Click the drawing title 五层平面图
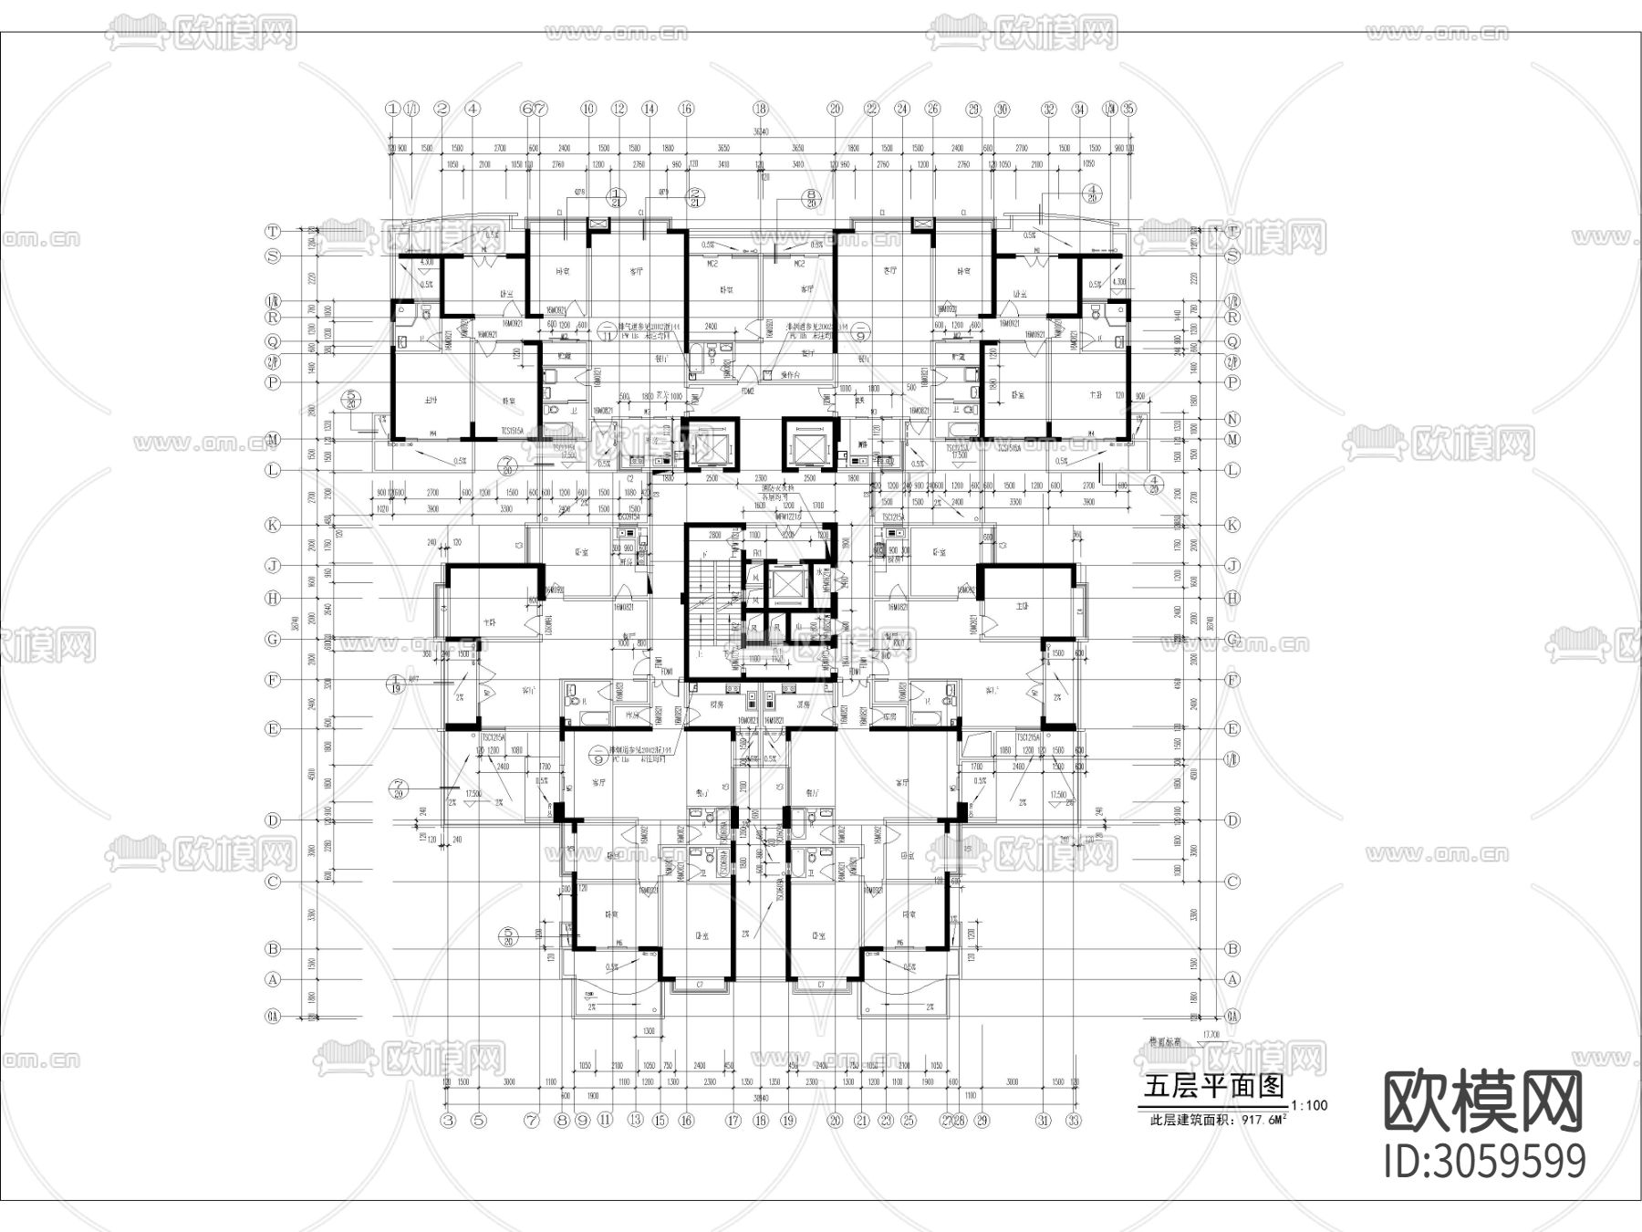1213,1086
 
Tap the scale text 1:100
1309,1105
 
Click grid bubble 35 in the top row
1128,109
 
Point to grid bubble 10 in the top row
587,109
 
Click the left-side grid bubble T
272,231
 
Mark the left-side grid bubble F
272,680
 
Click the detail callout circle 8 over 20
810,199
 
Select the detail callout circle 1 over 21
618,198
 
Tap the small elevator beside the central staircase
784,587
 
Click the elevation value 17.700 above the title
1211,1034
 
